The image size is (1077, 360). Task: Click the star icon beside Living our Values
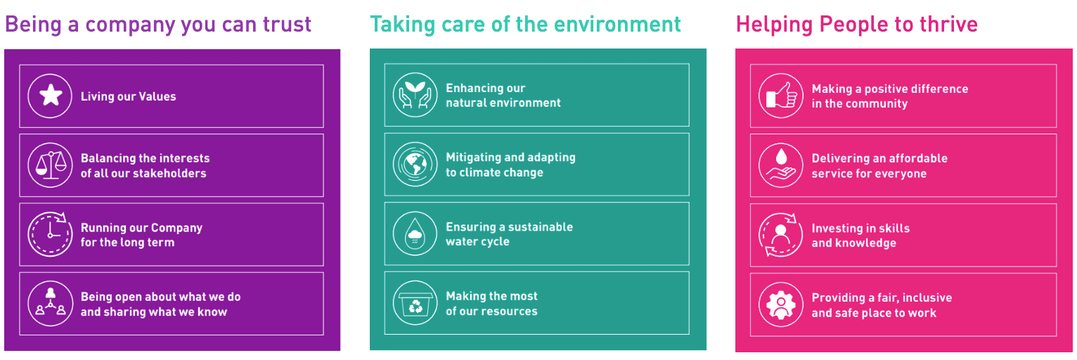point(50,96)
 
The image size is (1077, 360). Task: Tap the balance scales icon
point(50,165)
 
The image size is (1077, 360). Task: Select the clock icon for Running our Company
point(50,234)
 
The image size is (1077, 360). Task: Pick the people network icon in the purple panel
point(50,303)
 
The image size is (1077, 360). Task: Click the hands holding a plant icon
point(415,95)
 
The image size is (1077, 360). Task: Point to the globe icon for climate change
point(415,164)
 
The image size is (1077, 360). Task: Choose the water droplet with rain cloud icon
point(415,233)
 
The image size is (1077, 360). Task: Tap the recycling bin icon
point(415,303)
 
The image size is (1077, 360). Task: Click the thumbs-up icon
point(781,96)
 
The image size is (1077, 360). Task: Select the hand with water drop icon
point(781,165)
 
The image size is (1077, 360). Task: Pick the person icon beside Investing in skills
point(781,235)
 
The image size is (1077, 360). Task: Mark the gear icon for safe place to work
point(781,304)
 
